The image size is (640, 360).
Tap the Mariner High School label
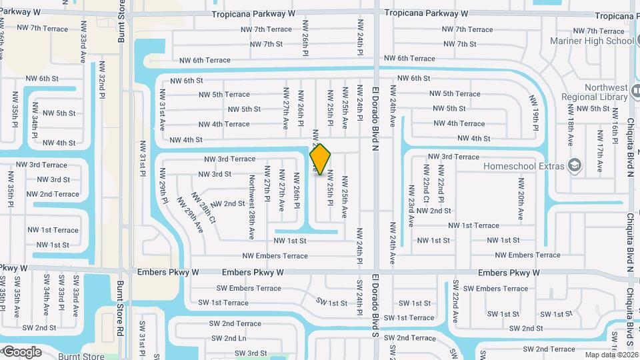(x=591, y=41)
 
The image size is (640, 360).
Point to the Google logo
(x=22, y=351)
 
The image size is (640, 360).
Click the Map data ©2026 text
(x=611, y=355)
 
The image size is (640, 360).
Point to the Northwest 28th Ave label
(x=252, y=207)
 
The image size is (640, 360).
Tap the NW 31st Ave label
(x=162, y=115)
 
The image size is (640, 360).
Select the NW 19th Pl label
(x=535, y=112)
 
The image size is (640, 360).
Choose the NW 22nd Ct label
(x=426, y=189)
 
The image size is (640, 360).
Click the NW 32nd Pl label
(x=103, y=87)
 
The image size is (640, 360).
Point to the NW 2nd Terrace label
(x=53, y=194)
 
